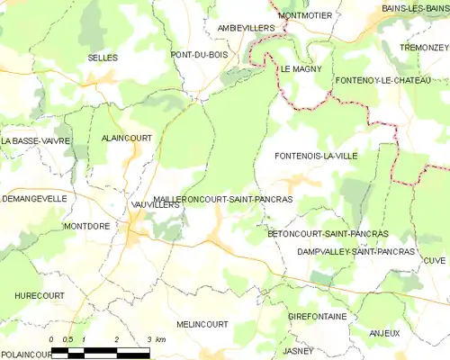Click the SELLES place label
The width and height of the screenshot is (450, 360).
[103, 58]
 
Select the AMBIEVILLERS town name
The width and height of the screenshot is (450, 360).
[246, 29]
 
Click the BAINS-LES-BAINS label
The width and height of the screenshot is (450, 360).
[414, 8]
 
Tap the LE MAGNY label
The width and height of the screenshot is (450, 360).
[301, 69]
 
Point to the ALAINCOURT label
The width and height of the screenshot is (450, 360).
[126, 138]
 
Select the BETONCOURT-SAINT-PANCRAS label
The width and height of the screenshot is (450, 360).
[328, 233]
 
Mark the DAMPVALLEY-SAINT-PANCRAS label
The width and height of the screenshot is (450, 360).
[355, 252]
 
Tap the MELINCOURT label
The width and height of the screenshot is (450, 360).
[202, 324]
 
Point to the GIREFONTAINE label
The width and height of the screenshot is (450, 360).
[317, 318]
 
